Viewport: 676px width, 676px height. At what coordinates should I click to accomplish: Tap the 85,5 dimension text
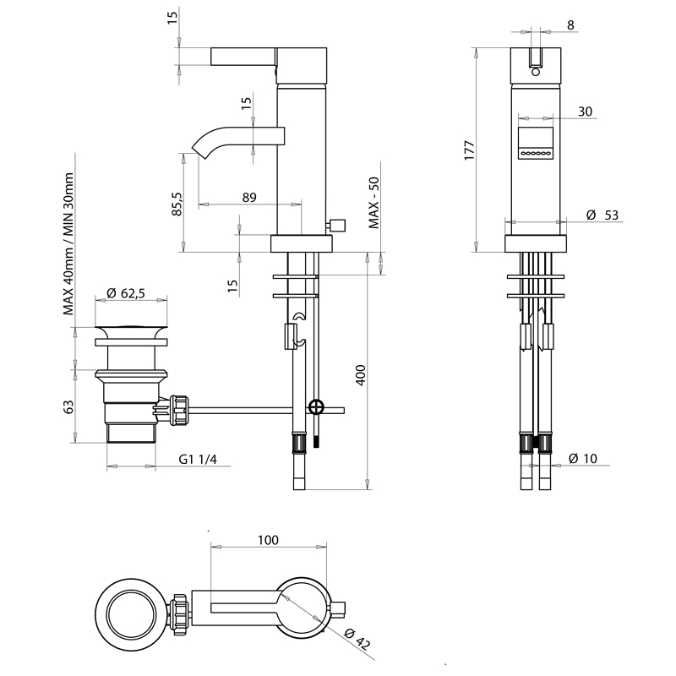[177, 203]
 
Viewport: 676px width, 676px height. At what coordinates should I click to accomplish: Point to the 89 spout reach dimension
[249, 197]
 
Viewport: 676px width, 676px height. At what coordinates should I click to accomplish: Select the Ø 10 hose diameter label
[583, 458]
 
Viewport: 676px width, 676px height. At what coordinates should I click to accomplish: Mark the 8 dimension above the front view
[570, 25]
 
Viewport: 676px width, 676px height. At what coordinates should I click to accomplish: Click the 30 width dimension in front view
[586, 112]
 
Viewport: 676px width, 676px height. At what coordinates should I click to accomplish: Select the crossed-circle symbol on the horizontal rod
[316, 407]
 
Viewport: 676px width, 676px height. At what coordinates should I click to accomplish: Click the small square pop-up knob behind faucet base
[340, 225]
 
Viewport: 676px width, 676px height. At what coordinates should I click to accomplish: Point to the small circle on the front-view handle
[534, 73]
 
